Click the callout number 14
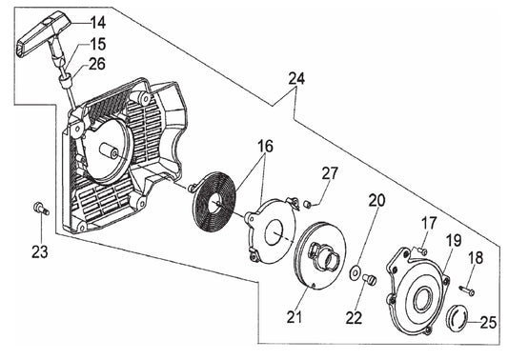[x=97, y=23]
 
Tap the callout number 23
[x=40, y=251]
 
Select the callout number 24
[x=296, y=79]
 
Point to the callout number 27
[x=330, y=173]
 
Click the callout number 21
[x=295, y=316]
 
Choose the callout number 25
[x=488, y=323]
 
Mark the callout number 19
[x=454, y=240]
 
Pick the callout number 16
[x=265, y=147]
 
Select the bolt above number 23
[x=41, y=208]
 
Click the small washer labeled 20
[x=356, y=272]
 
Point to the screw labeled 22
[x=370, y=279]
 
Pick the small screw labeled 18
[x=467, y=290]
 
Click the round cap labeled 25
[x=456, y=317]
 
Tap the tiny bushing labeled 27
[x=308, y=204]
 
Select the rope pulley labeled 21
[x=319, y=258]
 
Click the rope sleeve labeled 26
[x=65, y=80]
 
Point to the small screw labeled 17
[x=422, y=250]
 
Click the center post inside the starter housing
[x=109, y=150]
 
